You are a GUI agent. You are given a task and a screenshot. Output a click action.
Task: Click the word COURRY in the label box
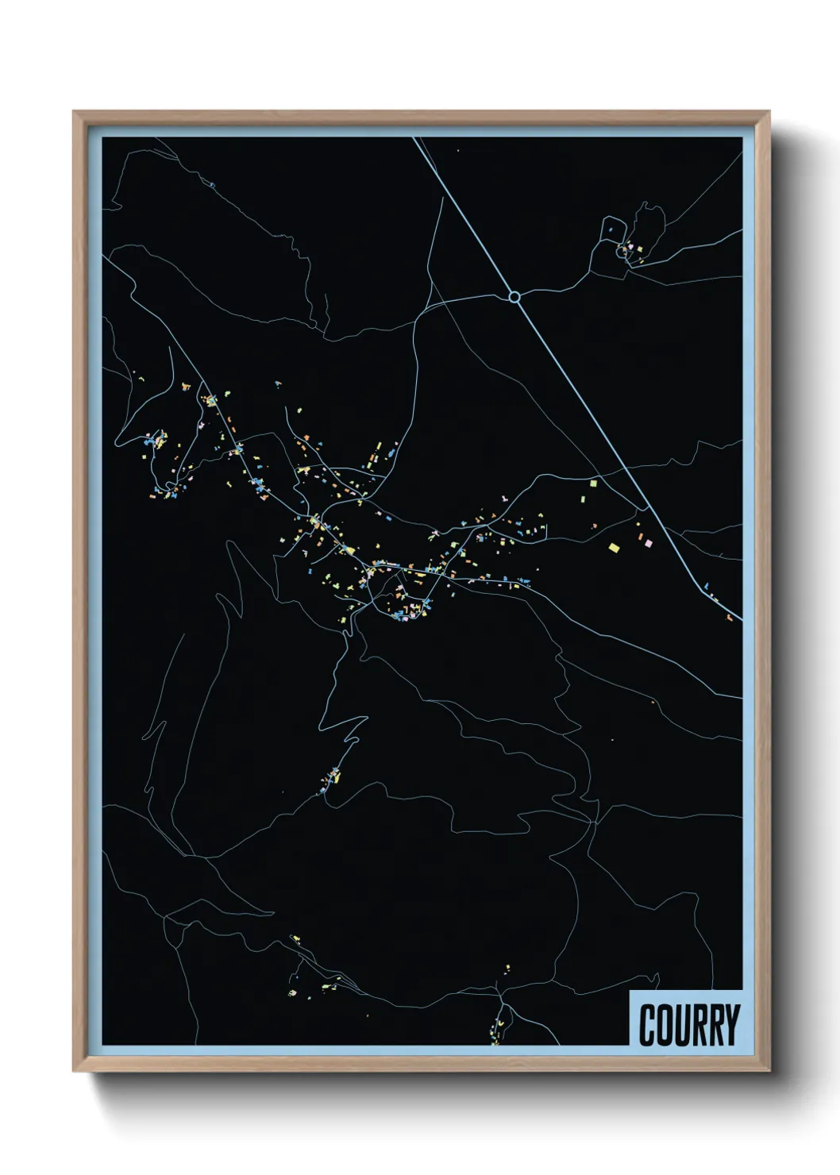pos(688,1025)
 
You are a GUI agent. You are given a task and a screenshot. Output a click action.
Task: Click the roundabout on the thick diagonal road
pos(514,297)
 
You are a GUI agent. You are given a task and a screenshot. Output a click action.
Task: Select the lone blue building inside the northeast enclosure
pos(611,229)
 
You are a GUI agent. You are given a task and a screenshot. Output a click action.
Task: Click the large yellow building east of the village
pos(613,546)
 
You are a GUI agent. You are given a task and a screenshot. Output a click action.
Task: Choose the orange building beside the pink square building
pos(640,536)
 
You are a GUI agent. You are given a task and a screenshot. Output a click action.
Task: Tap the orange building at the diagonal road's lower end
pos(729,616)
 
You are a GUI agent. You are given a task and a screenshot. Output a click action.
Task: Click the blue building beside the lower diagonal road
pos(706,586)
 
